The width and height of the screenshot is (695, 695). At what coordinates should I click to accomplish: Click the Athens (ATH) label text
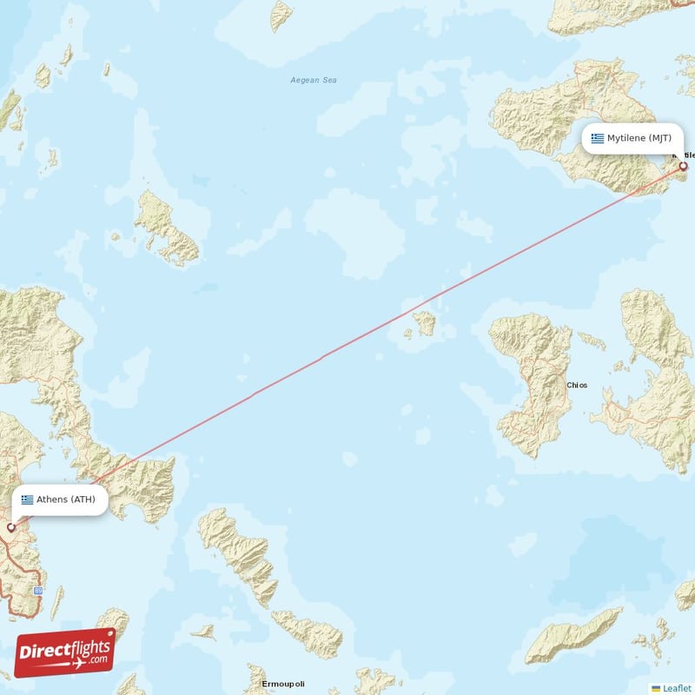65,500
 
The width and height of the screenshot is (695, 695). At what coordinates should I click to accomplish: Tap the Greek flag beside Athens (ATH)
28,500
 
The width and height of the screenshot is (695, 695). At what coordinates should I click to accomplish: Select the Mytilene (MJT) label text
639,138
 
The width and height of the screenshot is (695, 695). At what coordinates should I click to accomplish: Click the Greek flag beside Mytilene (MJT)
598,138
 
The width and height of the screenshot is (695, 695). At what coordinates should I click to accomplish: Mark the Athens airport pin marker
11,526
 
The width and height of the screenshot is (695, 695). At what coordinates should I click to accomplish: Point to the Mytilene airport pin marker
683,165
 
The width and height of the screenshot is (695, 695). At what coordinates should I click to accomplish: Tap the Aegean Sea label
313,81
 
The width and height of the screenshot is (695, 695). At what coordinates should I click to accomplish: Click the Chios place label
577,385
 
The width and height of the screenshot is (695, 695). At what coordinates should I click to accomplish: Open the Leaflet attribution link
677,688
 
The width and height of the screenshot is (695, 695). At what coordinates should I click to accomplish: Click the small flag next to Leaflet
656,688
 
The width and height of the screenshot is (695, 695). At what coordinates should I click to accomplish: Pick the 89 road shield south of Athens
38,590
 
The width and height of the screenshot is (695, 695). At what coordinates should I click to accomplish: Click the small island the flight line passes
425,323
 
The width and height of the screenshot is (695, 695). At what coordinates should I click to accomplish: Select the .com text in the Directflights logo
97,660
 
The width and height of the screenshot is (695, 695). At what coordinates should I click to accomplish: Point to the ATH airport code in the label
84,500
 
